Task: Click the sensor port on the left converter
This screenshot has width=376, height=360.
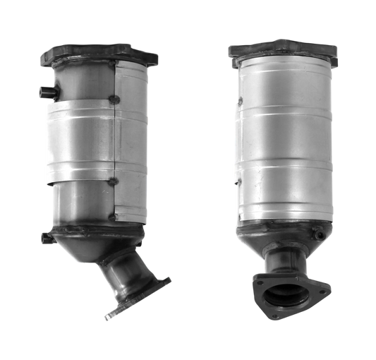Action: point(42,91)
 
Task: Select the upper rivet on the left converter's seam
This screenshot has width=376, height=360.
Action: point(113,99)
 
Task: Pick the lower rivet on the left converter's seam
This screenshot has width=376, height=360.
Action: point(111,182)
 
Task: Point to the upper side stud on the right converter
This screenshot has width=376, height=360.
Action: point(239,101)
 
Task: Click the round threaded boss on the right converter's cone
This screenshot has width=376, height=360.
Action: point(320,234)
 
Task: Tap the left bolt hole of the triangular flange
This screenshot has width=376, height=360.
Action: point(260,282)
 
